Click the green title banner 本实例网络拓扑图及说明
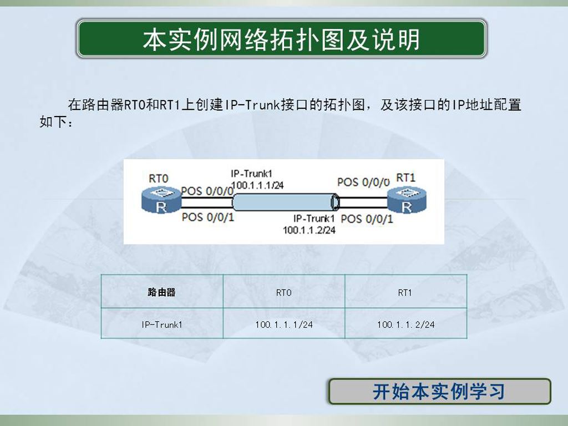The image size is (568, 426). [x=281, y=39]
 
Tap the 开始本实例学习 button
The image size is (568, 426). [x=439, y=392]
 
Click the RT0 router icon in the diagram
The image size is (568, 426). [x=161, y=200]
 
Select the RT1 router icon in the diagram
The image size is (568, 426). [x=407, y=200]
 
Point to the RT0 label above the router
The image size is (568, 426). [x=159, y=179]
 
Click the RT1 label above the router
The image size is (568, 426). [x=405, y=178]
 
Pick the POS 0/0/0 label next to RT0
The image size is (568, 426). [x=207, y=191]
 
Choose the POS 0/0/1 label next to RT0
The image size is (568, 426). [x=208, y=217]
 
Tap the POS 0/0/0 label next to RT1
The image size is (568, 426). [x=363, y=182]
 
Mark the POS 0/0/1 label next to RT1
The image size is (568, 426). [x=367, y=219]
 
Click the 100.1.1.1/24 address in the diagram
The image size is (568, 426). [x=257, y=185]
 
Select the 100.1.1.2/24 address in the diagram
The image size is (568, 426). [x=309, y=230]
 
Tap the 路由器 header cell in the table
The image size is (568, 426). [x=161, y=292]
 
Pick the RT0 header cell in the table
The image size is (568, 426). [x=283, y=292]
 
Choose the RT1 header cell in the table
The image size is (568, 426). [x=405, y=292]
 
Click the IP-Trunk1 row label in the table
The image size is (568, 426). [x=161, y=324]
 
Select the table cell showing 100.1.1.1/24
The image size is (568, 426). [x=283, y=324]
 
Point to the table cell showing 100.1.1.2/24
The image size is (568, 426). [x=405, y=324]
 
